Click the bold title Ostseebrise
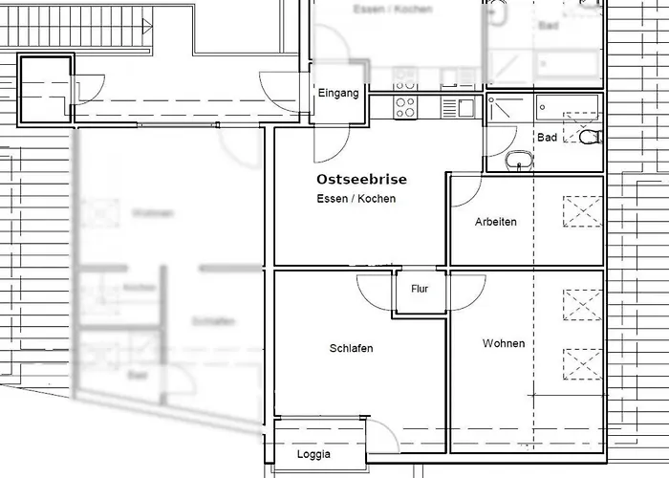tap(361, 180)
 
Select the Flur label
tap(420, 288)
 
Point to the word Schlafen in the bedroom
tap(351, 348)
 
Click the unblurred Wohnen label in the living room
tap(503, 343)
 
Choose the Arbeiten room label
tap(495, 222)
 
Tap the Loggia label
tap(313, 454)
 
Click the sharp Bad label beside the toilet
tap(547, 138)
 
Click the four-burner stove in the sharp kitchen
tap(405, 108)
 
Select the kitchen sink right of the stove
tap(465, 108)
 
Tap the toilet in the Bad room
tap(590, 138)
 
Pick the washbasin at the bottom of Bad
tap(521, 162)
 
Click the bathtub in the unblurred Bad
tap(567, 105)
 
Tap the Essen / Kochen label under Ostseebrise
tap(356, 199)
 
